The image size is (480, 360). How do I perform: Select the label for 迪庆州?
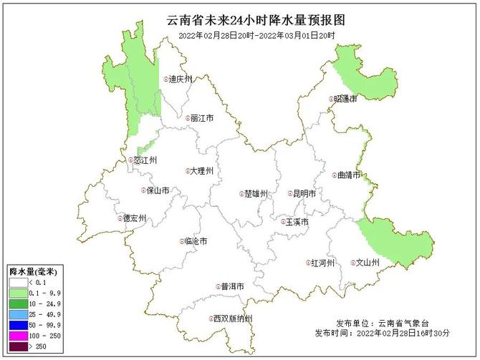[180, 79]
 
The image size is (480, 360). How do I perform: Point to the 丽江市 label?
[202, 118]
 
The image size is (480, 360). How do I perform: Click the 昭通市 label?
[345, 99]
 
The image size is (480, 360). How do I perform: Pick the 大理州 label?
[202, 171]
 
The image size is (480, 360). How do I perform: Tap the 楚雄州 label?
[255, 193]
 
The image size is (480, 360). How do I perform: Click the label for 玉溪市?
[296, 222]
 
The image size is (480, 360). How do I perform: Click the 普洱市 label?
[232, 286]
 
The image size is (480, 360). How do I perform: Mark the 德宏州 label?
[134, 218]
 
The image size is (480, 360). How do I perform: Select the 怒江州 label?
[145, 160]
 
